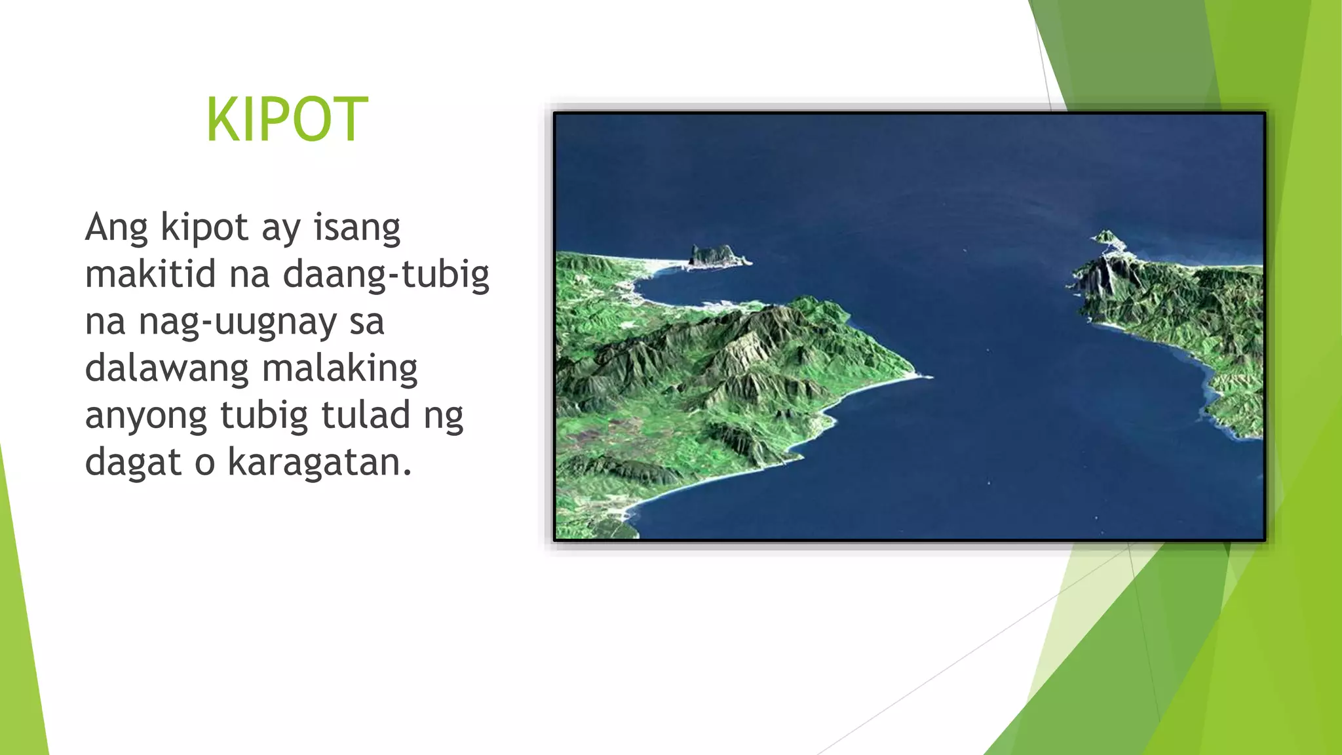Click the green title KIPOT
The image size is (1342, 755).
(x=287, y=119)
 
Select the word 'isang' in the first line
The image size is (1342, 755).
(x=356, y=228)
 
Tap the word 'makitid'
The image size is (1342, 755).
(x=150, y=274)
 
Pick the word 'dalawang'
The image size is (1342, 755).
(x=167, y=369)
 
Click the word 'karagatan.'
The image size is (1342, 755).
(x=320, y=463)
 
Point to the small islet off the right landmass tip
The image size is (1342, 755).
(x=1107, y=236)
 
